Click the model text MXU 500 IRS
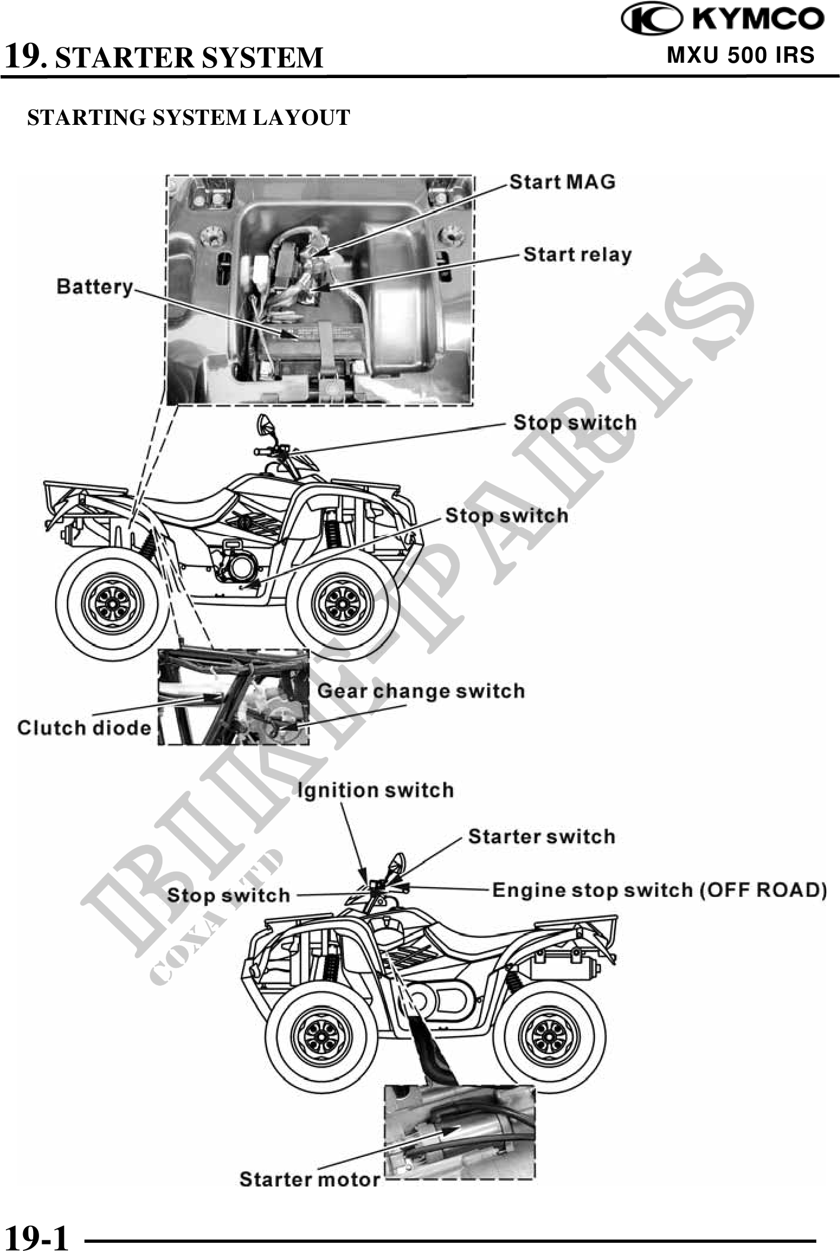point(741,55)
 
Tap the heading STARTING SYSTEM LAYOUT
point(189,117)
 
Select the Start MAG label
point(562,182)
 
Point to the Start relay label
point(578,254)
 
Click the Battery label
point(95,286)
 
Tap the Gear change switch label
point(421,691)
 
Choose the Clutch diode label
point(84,727)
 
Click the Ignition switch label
point(375,790)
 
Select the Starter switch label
point(542,836)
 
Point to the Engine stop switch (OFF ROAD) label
point(659,890)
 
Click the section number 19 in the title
point(24,57)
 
